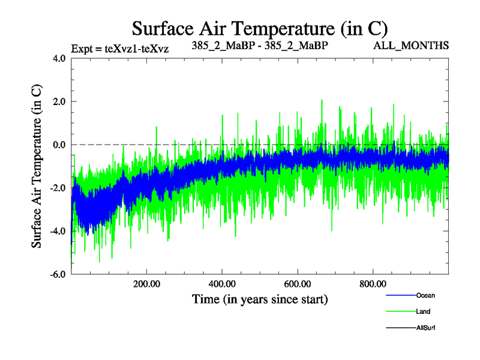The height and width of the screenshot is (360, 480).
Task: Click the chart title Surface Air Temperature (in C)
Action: coord(259,28)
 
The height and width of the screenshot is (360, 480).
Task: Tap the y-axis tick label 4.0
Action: coord(59,59)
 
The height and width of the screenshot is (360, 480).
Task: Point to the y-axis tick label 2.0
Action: coord(59,102)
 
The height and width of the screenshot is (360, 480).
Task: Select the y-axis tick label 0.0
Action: coord(59,145)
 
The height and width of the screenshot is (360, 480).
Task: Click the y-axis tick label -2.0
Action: coord(58,188)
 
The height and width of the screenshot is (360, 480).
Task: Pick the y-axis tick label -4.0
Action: coord(58,232)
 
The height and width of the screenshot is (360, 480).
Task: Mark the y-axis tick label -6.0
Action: coord(58,275)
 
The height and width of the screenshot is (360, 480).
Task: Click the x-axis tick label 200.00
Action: coord(146,284)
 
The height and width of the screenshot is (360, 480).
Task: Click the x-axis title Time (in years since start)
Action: coord(260,299)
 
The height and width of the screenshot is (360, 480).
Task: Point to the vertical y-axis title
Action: coord(37,166)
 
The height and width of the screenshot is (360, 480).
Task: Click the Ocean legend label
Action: coord(425,295)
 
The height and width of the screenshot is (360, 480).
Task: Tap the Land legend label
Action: coord(423,312)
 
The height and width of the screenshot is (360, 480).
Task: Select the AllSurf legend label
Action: coord(425,328)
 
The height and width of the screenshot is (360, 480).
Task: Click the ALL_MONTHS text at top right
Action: coord(411,46)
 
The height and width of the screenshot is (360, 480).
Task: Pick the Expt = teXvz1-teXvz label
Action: coord(119,49)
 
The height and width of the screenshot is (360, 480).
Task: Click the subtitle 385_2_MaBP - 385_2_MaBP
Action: coord(260,46)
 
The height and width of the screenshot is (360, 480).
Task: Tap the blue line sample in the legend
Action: coord(400,295)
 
